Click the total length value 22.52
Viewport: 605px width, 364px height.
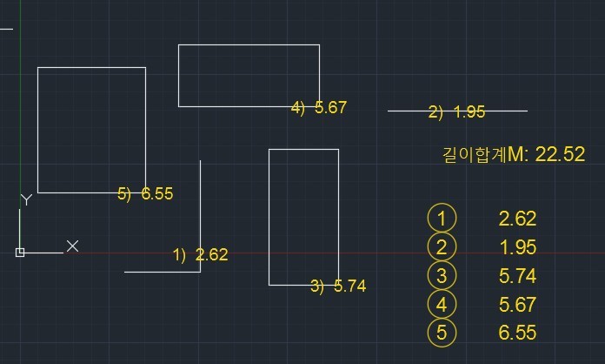coord(561,154)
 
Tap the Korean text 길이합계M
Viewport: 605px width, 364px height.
coord(483,154)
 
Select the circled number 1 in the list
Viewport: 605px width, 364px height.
coord(442,219)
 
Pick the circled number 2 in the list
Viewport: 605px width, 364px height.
coord(442,247)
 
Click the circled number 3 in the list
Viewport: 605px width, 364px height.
coord(442,275)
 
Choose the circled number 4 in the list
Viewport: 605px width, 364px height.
coord(442,304)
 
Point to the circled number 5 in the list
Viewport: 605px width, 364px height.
coord(442,333)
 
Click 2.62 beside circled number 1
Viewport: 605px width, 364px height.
coord(517,219)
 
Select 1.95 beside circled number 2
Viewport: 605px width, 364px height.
coord(518,247)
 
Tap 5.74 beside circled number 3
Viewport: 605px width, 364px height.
coord(517,276)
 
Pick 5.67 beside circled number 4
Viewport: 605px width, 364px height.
coord(517,305)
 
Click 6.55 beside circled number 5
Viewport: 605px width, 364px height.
coord(517,333)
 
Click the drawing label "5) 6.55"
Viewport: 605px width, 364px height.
coord(145,193)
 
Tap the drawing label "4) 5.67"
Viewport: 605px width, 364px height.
coord(319,107)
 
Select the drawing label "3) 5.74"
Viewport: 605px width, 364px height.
coord(338,286)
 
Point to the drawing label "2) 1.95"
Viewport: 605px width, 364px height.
coord(456,112)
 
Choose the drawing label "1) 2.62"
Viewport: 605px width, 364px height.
coord(200,254)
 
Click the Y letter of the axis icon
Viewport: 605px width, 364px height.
coord(26,199)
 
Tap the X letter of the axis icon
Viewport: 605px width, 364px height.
coord(72,246)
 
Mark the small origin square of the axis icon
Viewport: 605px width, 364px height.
coord(20,253)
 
